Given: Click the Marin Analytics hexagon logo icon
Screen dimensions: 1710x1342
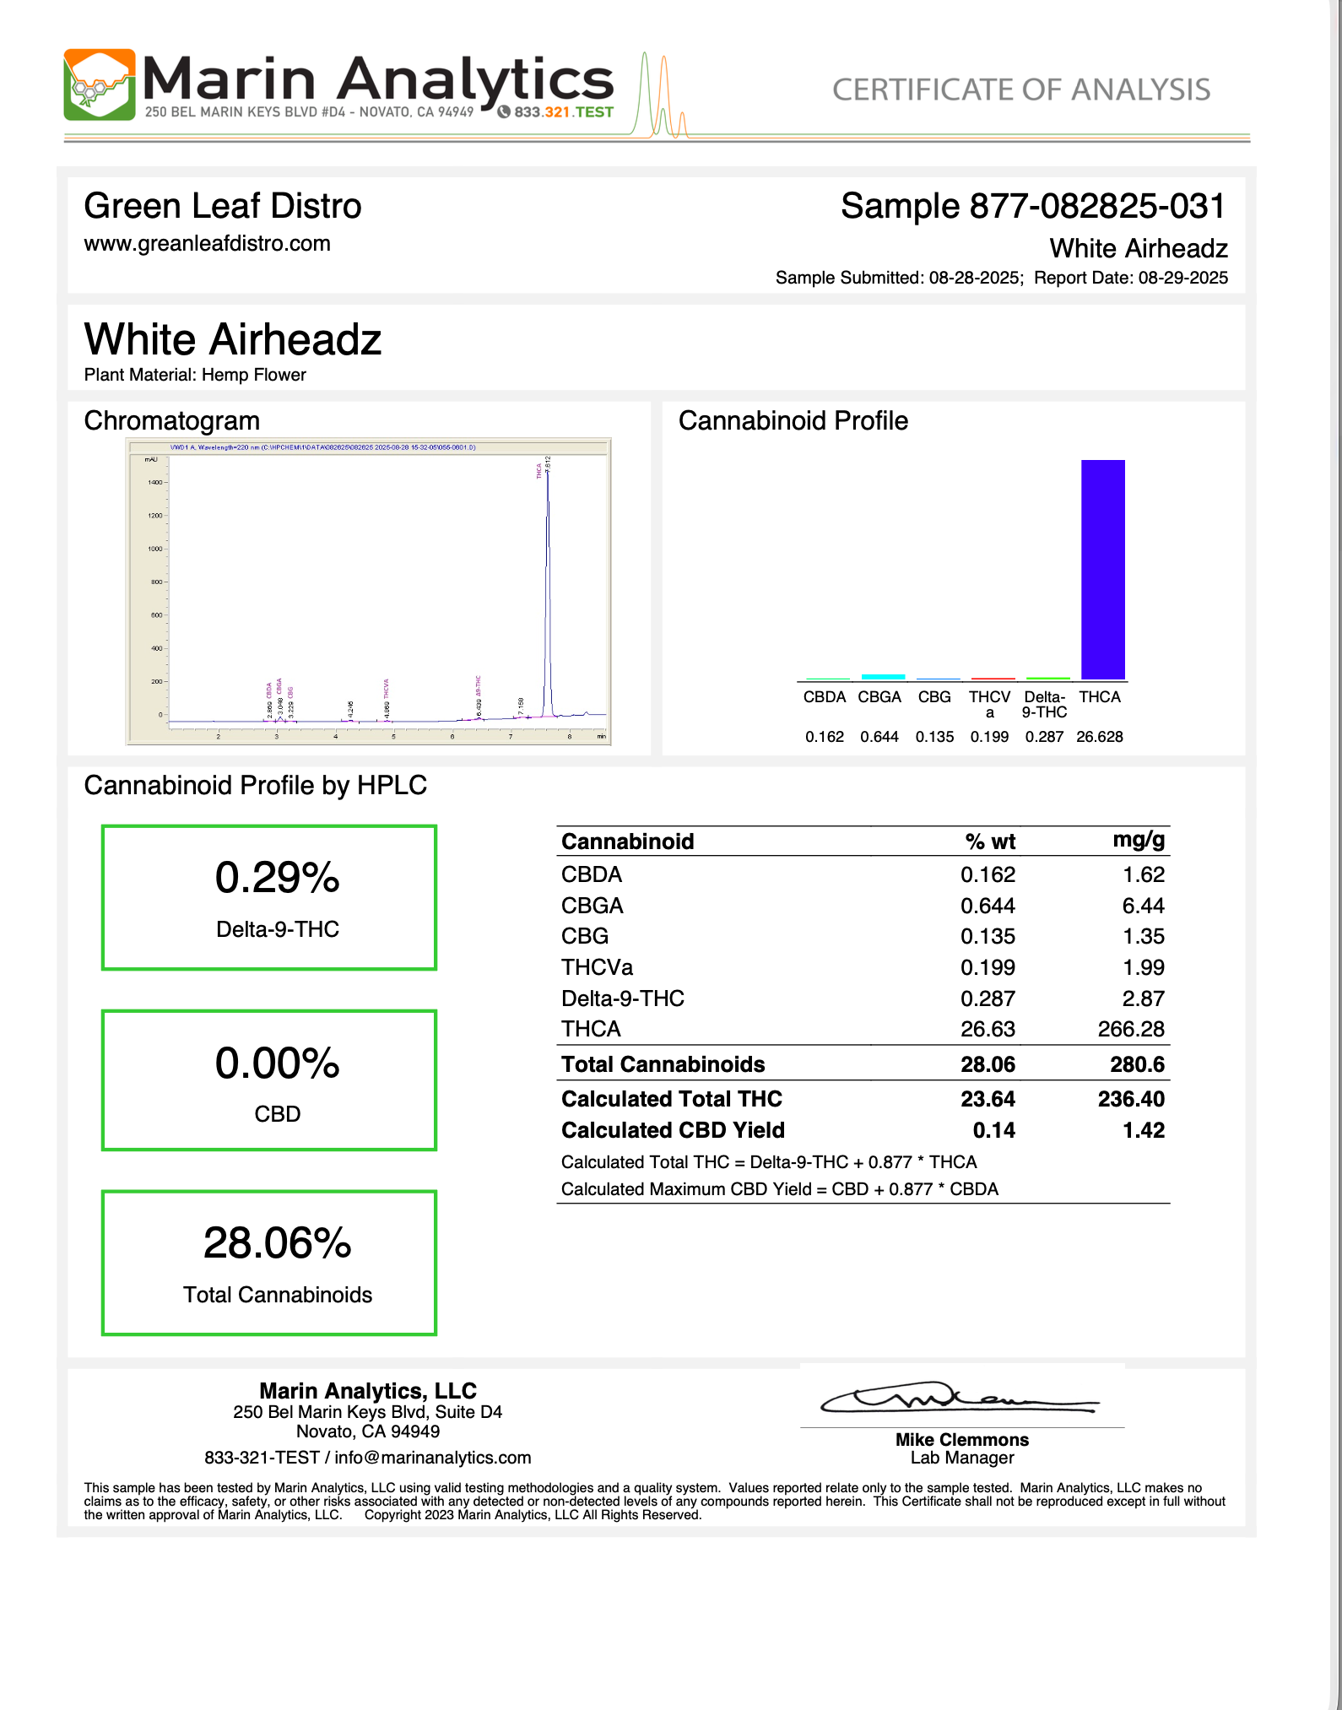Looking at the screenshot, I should [100, 84].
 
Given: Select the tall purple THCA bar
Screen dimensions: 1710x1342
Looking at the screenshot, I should [1102, 569].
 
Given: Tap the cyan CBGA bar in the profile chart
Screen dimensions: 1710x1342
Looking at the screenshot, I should [883, 676].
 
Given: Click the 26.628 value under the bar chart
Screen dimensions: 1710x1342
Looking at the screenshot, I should [1100, 737].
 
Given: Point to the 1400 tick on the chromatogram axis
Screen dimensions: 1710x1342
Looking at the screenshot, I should [155, 483].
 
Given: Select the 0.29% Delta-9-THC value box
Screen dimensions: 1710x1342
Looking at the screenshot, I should [269, 897].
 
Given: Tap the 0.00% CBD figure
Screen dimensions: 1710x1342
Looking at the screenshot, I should [277, 1063].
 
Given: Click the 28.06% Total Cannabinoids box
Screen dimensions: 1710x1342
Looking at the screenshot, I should [269, 1263].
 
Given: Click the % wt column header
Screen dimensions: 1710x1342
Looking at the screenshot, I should [989, 841].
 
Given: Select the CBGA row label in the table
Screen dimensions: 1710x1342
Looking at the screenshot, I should [593, 906].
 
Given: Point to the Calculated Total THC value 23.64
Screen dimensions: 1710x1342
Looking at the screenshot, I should [988, 1099].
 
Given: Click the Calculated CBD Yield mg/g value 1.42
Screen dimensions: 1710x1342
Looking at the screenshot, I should [1143, 1130].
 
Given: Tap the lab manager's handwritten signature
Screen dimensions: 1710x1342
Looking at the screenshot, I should [959, 1399].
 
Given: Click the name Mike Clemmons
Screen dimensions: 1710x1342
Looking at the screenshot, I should [962, 1440].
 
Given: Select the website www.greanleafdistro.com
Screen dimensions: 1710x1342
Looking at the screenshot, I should [207, 244].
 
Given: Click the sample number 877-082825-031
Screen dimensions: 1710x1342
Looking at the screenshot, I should [1096, 207].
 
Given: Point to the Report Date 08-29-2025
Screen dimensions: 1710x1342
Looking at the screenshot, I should [1182, 278].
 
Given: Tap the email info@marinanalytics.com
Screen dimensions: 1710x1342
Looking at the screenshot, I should [433, 1458].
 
